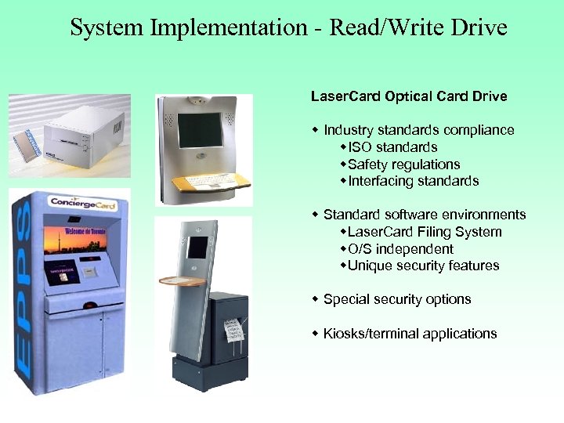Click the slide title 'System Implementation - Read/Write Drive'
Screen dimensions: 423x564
[288, 29]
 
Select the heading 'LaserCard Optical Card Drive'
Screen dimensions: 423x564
[409, 97]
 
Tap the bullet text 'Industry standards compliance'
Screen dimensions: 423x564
[418, 130]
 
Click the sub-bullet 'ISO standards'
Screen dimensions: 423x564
[392, 147]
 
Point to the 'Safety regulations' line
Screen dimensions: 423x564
[403, 164]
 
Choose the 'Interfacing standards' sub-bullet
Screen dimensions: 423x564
[413, 181]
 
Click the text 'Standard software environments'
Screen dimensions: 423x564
[424, 215]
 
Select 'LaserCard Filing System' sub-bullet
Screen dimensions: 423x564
[424, 232]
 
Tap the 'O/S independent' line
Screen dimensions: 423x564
[400, 249]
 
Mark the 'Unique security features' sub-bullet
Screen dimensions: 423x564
[423, 266]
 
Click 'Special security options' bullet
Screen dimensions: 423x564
[396, 299]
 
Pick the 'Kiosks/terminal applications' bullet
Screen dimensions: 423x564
[410, 334]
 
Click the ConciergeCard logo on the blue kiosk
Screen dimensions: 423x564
[78, 202]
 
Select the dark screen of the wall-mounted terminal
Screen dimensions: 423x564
[200, 131]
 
